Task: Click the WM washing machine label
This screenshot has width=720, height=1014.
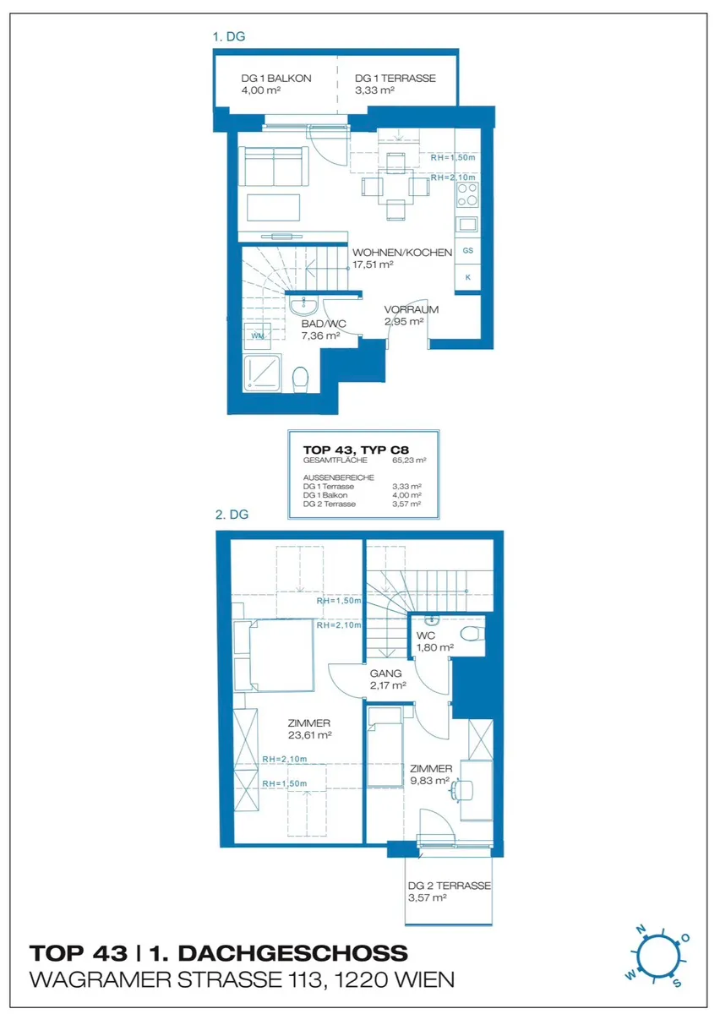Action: (x=258, y=336)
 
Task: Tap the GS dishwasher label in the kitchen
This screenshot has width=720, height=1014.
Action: (x=468, y=250)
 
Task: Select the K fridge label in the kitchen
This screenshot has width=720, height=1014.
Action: (x=468, y=277)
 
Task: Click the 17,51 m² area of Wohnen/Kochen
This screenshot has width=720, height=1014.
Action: (x=373, y=264)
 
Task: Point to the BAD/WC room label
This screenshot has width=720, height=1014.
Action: (x=324, y=324)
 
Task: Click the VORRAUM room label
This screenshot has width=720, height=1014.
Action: (x=412, y=309)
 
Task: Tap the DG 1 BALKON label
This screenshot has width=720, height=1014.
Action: (x=276, y=79)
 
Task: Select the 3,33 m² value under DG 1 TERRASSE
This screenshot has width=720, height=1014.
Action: (x=374, y=90)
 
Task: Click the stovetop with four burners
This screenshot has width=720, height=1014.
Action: (x=467, y=194)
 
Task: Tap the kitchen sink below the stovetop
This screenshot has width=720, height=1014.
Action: (x=467, y=224)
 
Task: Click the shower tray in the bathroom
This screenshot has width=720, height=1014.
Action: (x=262, y=373)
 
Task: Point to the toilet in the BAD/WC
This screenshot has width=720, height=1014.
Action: (x=300, y=379)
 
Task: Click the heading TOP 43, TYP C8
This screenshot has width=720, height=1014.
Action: (x=356, y=450)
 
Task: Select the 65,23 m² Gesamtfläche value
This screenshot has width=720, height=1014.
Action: (x=409, y=461)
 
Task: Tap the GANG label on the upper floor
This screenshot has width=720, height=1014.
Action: (x=385, y=673)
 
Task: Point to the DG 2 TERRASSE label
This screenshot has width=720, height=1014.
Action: (x=450, y=886)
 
